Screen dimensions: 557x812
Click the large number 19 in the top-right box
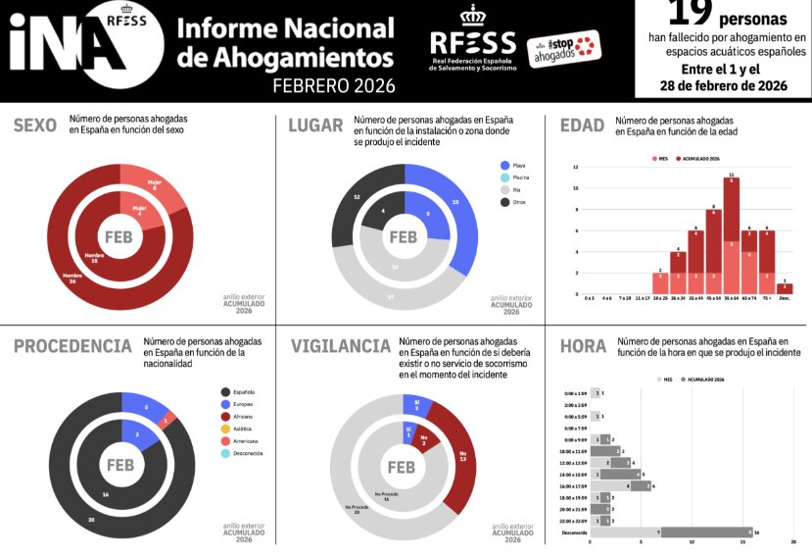tap(691, 14)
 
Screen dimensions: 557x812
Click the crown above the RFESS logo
tap(472, 17)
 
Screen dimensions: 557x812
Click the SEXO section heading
tap(34, 125)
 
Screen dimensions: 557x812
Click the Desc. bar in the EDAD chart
tap(785, 288)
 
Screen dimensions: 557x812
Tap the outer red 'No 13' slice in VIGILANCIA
tap(456, 456)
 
